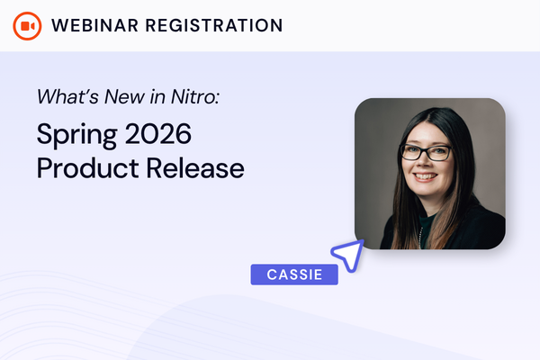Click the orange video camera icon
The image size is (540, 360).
click(27, 26)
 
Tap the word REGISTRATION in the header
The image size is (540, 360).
click(214, 25)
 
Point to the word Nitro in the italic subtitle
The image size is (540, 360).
click(193, 96)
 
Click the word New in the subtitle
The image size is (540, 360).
click(124, 96)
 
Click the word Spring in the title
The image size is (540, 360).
click(76, 135)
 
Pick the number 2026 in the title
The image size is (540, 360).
click(158, 134)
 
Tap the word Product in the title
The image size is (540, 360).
click(88, 167)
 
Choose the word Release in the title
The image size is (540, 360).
click(195, 167)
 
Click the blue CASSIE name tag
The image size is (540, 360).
click(294, 274)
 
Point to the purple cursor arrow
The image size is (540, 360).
click(348, 256)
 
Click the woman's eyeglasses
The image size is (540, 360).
click(427, 153)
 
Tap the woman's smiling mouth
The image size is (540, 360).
click(425, 176)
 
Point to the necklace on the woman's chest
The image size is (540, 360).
click(420, 238)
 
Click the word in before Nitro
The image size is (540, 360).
click(157, 96)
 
